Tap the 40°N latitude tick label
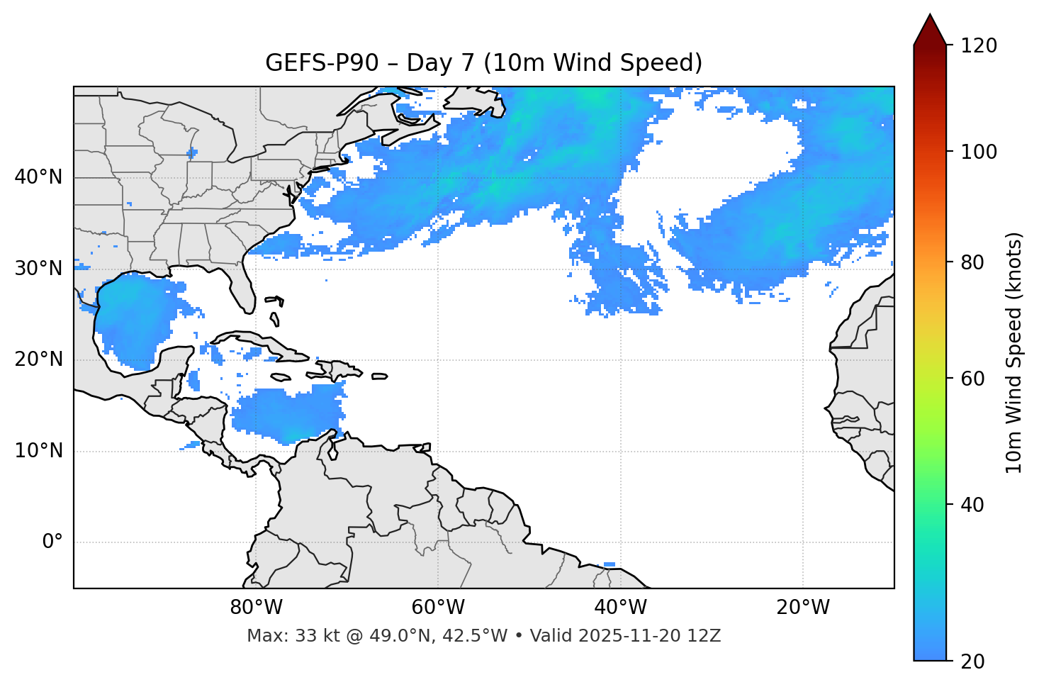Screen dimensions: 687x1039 click(38, 177)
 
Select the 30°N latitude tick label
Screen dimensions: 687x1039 click(38, 269)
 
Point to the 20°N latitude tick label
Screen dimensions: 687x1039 click(38, 359)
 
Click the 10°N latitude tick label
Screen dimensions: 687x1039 click(38, 451)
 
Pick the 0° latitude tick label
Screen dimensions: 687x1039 click(52, 542)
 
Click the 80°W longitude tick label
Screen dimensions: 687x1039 click(256, 608)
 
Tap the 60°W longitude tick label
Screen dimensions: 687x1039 click(438, 608)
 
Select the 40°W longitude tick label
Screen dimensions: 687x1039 click(620, 608)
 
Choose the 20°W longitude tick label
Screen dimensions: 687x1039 click(802, 608)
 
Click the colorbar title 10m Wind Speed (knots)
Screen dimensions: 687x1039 click(1014, 352)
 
